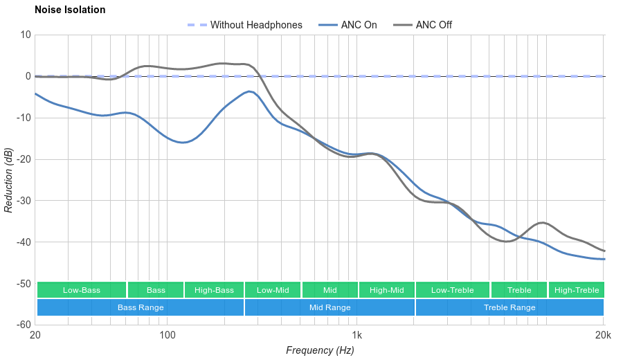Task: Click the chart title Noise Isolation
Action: coord(70,10)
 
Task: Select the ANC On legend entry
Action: coord(358,25)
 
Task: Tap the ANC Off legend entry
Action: coord(433,25)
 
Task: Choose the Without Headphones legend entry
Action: coord(255,25)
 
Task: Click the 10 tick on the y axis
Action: coord(26,35)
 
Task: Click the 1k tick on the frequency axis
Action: coord(357,336)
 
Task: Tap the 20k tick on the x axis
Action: coord(603,336)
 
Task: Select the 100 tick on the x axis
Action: coord(167,336)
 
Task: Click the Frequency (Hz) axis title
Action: coord(320,350)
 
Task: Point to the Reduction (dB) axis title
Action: coord(8,180)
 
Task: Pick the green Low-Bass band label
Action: coord(82,290)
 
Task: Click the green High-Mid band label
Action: coord(386,290)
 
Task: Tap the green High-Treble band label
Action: coord(577,290)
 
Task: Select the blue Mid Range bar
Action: coord(329,307)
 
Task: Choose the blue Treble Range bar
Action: coord(509,307)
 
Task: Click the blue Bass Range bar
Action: coord(141,307)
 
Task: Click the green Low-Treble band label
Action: coord(453,290)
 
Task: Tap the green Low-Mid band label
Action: coord(273,290)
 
